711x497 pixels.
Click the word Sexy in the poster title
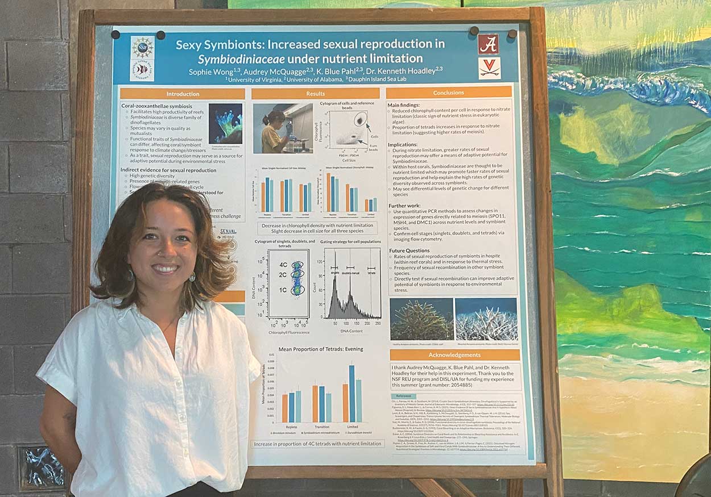coord(189,45)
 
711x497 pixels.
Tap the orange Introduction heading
coord(183,94)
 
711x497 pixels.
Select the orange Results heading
coord(315,94)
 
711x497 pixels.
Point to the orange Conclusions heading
coord(449,93)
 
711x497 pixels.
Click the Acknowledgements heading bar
coord(454,355)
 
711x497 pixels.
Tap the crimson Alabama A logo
coord(488,44)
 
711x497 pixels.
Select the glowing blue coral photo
coord(225,123)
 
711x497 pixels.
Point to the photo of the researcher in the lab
coord(283,128)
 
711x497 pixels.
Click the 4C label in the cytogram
coord(283,265)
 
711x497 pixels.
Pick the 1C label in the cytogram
coord(283,290)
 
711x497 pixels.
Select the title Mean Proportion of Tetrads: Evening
coord(320,349)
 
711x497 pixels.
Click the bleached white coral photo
coord(486,319)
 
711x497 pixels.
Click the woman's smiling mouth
coord(165,268)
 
